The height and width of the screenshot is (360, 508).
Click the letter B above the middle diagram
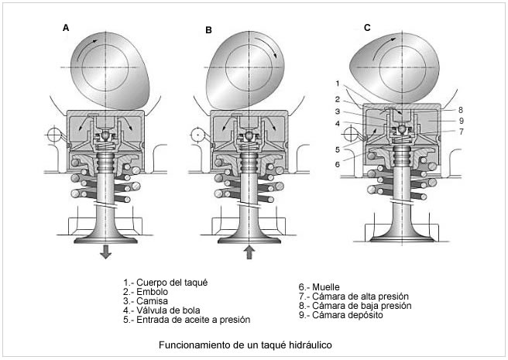point(208,30)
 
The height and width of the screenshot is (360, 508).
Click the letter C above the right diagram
point(367,28)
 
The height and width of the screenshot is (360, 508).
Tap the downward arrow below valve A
point(105,252)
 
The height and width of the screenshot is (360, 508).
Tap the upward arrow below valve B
point(247,252)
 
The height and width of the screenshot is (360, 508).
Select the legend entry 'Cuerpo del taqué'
point(166,282)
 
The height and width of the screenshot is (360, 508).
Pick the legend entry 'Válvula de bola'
point(166,310)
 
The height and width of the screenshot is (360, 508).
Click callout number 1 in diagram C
point(338,83)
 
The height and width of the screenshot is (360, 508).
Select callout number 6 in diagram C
point(338,164)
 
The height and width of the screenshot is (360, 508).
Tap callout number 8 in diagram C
point(460,110)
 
